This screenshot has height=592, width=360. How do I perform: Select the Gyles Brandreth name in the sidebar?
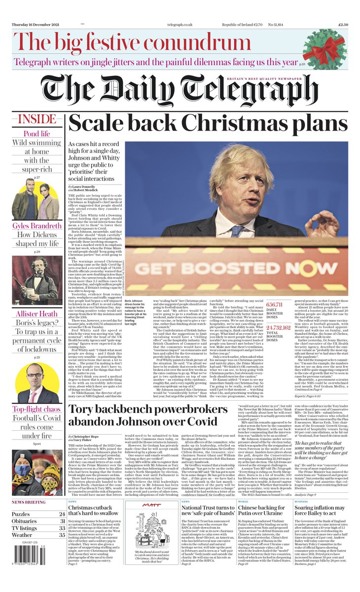[37, 226]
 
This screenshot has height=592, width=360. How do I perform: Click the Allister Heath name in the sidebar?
[37, 315]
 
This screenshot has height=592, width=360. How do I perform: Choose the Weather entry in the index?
[22, 534]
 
